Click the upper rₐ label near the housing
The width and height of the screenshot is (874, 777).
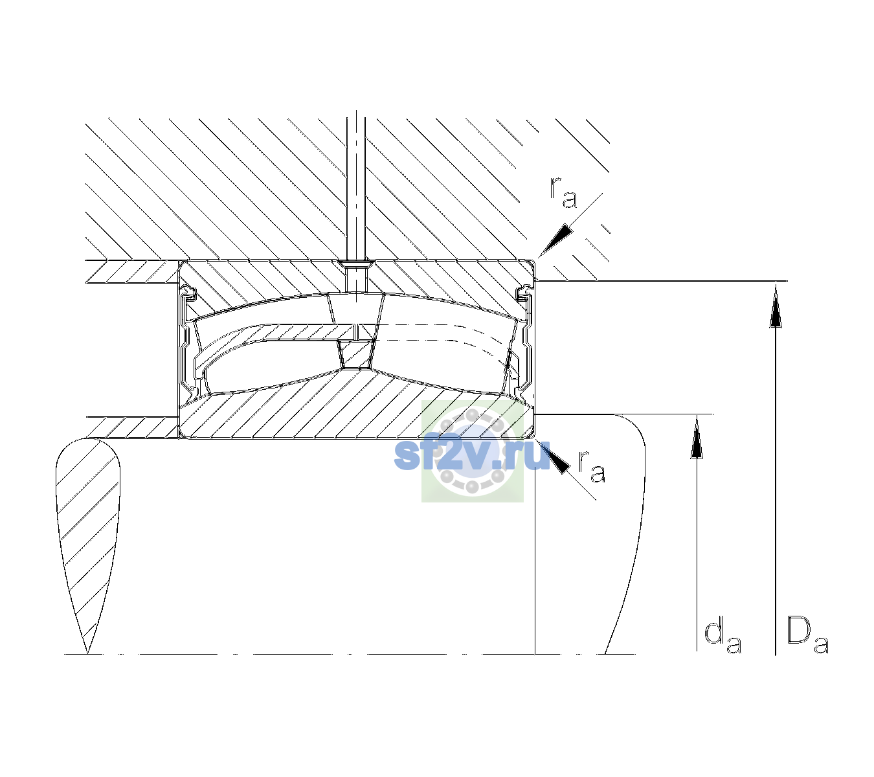click(563, 192)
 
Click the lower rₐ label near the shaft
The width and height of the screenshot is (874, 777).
click(592, 467)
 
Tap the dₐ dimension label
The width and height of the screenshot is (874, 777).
click(723, 637)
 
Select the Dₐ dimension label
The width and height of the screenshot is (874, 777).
click(807, 636)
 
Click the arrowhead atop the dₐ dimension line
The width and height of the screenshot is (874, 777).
click(696, 436)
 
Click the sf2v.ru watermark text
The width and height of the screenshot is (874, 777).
click(472, 455)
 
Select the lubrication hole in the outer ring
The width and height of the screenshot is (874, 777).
click(356, 276)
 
